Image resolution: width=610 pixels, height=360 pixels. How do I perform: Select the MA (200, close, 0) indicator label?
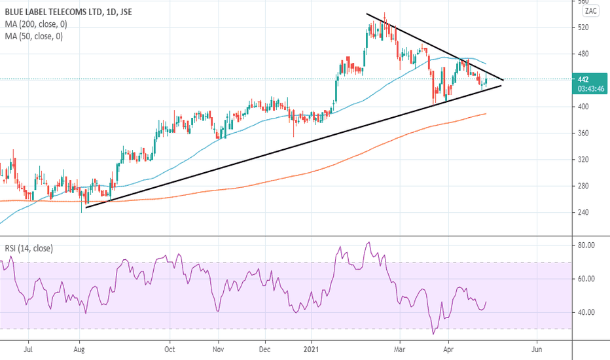(37, 24)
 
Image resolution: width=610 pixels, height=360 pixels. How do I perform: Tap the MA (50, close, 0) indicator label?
(34, 37)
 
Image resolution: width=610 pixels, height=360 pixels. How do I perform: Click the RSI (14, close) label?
(28, 249)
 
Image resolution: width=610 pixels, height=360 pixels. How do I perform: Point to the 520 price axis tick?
(584, 27)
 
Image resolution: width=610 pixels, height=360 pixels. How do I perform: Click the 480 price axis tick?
(584, 54)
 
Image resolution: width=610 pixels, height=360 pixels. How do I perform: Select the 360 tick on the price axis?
(584, 134)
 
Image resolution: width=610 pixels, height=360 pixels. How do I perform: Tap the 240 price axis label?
(584, 213)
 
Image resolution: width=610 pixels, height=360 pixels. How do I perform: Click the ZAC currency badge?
(590, 10)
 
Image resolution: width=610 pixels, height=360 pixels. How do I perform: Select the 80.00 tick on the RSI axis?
(586, 245)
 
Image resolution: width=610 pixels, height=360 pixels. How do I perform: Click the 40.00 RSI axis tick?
(586, 312)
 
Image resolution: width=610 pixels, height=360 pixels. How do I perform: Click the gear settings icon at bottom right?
(591, 348)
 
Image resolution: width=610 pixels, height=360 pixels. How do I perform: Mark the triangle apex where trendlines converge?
(502, 81)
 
